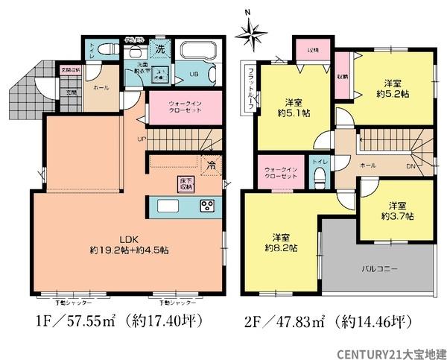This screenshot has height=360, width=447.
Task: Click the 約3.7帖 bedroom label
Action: click(x=396, y=210)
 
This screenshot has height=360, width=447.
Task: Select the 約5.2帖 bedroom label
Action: click(x=393, y=89)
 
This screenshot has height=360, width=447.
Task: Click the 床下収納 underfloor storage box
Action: click(x=185, y=183)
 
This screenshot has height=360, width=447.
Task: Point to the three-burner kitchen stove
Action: click(x=205, y=206)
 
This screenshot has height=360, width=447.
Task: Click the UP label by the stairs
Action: click(x=141, y=139)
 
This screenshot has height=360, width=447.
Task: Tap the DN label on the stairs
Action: click(x=410, y=165)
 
